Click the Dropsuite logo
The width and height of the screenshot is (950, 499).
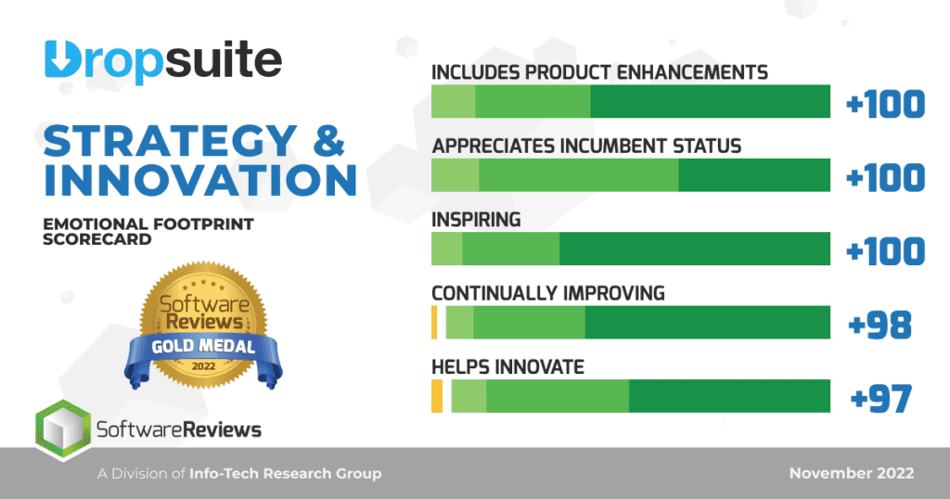(162, 61)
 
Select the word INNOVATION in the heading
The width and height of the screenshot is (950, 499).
(200, 180)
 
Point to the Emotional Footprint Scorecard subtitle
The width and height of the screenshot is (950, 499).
(148, 231)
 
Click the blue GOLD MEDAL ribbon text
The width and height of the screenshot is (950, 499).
(203, 351)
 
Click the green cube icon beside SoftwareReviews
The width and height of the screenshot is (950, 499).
(62, 429)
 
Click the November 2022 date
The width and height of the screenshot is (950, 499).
(851, 474)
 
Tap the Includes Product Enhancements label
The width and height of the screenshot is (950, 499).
(599, 71)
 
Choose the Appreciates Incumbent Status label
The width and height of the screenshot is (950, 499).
(586, 146)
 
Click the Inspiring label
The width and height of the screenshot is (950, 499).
(476, 220)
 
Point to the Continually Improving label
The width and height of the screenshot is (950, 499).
(548, 293)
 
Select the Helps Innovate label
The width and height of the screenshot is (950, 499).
(507, 367)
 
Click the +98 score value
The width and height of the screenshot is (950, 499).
(880, 325)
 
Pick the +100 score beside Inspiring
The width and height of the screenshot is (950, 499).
(886, 251)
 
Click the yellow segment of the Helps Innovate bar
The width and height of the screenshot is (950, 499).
(437, 397)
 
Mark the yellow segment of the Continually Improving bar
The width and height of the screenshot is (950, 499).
(434, 323)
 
